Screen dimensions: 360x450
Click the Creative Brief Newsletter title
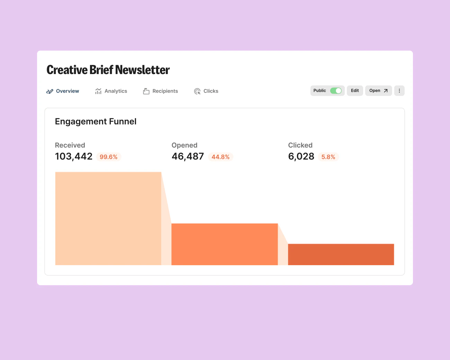click(x=108, y=70)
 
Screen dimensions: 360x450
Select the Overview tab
click(x=63, y=91)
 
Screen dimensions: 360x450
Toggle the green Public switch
click(x=336, y=91)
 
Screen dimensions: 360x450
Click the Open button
click(x=378, y=91)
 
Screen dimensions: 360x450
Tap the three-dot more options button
click(x=399, y=91)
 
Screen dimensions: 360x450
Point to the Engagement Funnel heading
click(x=96, y=121)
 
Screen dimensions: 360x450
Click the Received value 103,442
click(x=74, y=156)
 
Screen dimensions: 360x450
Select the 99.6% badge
click(x=109, y=157)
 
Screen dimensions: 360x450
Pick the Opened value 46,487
click(x=188, y=156)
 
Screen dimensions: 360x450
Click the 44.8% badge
click(x=220, y=157)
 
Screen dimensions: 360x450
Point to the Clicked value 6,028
click(x=301, y=156)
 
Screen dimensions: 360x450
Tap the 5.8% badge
click(x=328, y=157)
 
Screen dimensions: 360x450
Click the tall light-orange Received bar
click(x=108, y=218)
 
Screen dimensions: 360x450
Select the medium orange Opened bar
click(x=224, y=244)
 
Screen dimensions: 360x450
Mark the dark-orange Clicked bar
click(x=341, y=254)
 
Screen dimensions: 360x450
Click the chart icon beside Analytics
click(x=98, y=91)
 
